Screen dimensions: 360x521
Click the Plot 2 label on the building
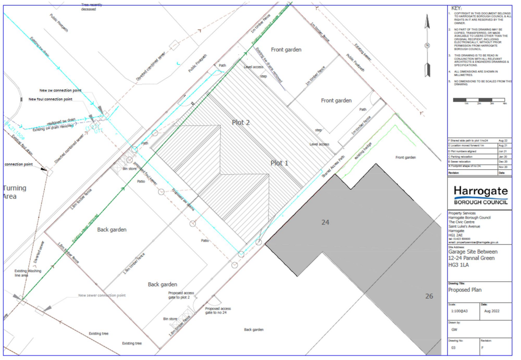click(x=241, y=123)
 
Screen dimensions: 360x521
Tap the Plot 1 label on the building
click(x=279, y=163)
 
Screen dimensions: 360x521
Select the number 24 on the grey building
click(x=326, y=222)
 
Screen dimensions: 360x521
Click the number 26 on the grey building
click(x=429, y=296)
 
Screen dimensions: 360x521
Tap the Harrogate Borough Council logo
click(x=480, y=195)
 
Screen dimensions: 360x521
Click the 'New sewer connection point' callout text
click(x=102, y=295)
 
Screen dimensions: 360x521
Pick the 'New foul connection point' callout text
click(x=55, y=99)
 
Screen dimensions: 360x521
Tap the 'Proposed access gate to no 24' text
click(x=218, y=311)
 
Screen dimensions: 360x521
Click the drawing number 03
click(x=453, y=348)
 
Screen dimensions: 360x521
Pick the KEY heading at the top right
click(x=457, y=9)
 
